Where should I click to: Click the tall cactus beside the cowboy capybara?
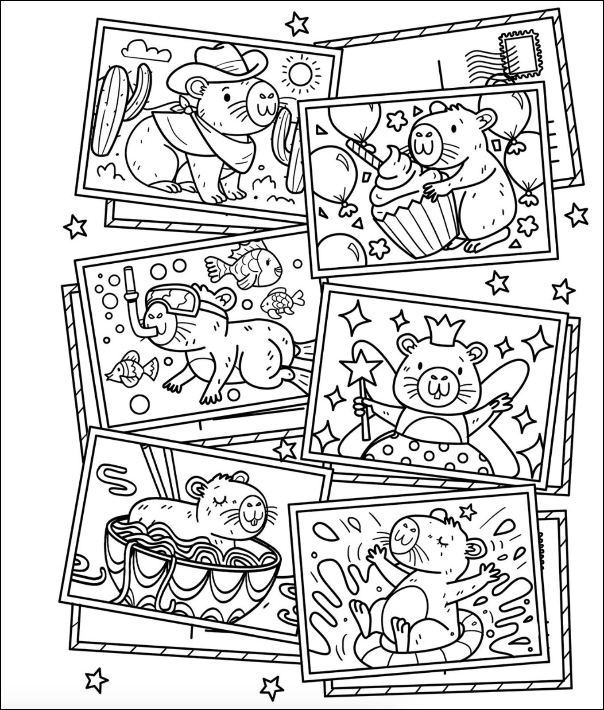pyautogui.click(x=108, y=111)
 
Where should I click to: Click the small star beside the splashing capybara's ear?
pyautogui.click(x=468, y=512)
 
